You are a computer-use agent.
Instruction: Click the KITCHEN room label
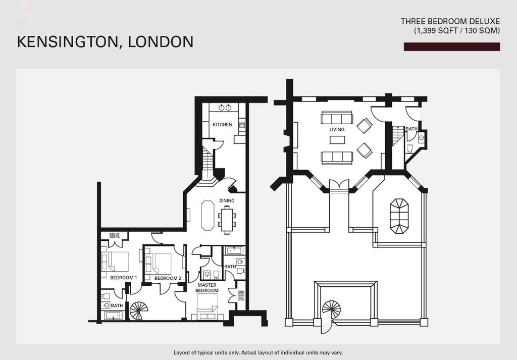tap(222, 125)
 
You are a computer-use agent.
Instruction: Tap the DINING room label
tap(227, 200)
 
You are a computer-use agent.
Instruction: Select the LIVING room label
tap(337, 130)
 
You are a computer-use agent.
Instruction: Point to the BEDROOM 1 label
tap(123, 278)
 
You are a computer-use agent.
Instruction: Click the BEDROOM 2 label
tap(168, 278)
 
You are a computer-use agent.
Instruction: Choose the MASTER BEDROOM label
tap(207, 287)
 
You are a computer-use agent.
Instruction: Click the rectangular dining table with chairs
tap(227, 220)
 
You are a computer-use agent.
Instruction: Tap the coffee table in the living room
tap(337, 140)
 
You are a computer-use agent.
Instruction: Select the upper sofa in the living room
tap(337, 118)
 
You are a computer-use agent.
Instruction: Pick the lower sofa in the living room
tap(337, 158)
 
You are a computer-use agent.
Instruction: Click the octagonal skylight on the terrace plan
tap(399, 216)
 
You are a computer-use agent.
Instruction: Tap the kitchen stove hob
tap(242, 125)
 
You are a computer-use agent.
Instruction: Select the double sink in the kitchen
tap(225, 107)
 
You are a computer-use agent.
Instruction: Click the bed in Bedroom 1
tap(115, 262)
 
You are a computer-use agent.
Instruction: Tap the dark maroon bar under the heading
tap(452, 47)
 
